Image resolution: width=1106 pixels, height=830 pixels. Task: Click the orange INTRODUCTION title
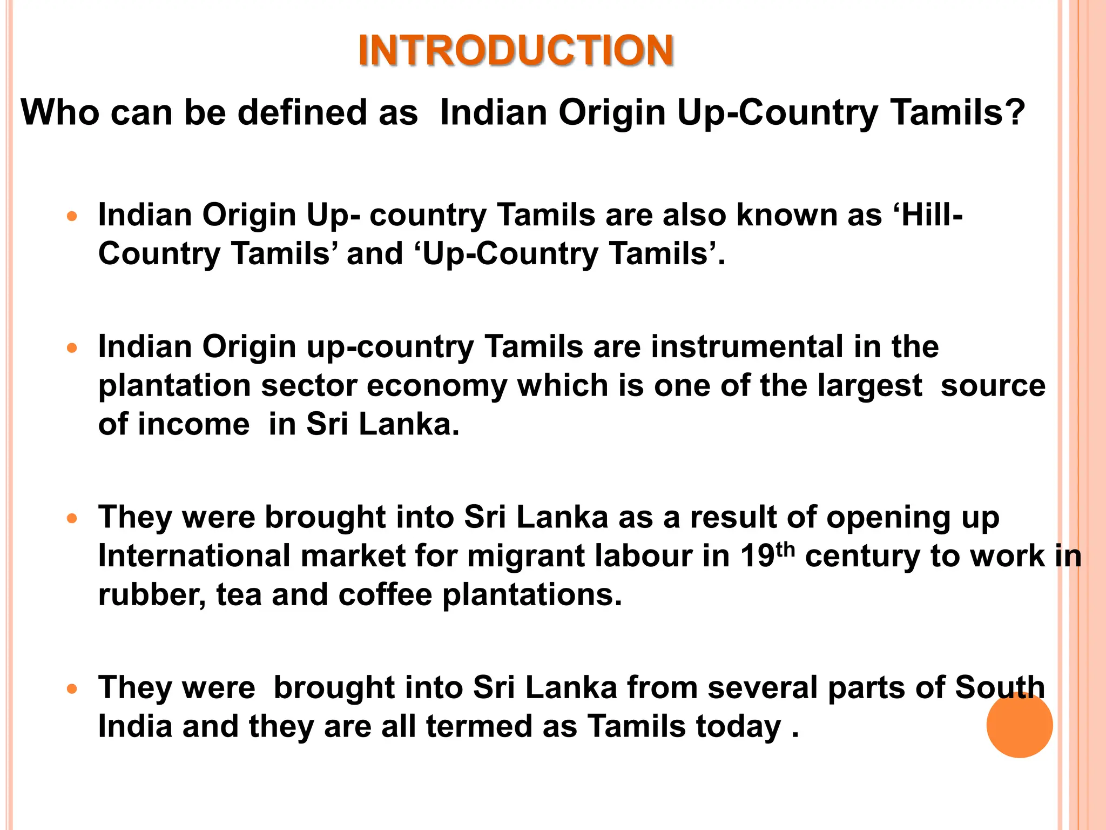516,50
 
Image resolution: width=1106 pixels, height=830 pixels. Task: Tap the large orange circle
1019,725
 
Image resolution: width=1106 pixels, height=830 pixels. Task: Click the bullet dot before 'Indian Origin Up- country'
72,217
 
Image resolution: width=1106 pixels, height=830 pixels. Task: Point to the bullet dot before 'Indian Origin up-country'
72,349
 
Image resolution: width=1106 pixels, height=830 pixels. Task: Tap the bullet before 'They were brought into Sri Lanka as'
72,519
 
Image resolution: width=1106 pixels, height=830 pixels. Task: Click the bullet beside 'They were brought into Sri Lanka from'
72,689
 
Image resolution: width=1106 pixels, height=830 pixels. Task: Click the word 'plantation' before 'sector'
174,386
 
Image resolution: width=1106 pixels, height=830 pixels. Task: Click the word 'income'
194,424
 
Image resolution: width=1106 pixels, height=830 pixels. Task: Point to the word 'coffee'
385,595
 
